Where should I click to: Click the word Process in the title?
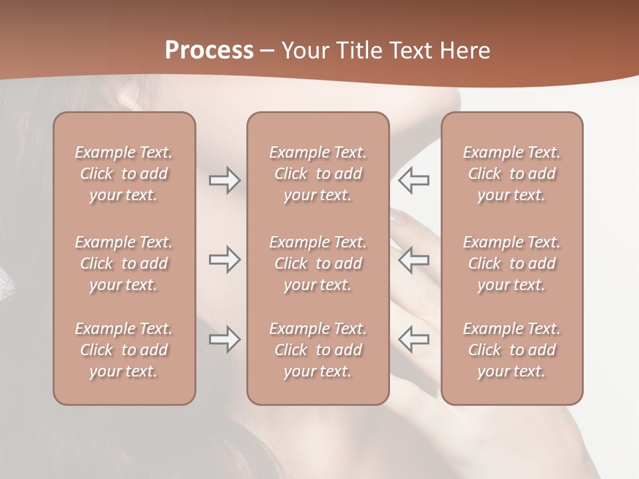point(209,50)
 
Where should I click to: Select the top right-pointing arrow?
point(224,180)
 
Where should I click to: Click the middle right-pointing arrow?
point(224,259)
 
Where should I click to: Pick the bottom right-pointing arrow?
point(224,339)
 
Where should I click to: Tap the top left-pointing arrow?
point(413,180)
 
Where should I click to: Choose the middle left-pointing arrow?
point(413,259)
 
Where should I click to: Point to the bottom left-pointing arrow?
point(413,339)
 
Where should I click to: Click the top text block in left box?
point(124,174)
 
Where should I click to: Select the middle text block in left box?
point(124,263)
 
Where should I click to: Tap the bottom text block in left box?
point(124,350)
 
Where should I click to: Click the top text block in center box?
point(318,174)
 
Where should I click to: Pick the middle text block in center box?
point(318,263)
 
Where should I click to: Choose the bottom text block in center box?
point(318,350)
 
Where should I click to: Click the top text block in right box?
point(511,174)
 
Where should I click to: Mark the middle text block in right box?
point(511,263)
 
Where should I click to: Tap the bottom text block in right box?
point(511,350)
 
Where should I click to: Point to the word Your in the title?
point(305,50)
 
